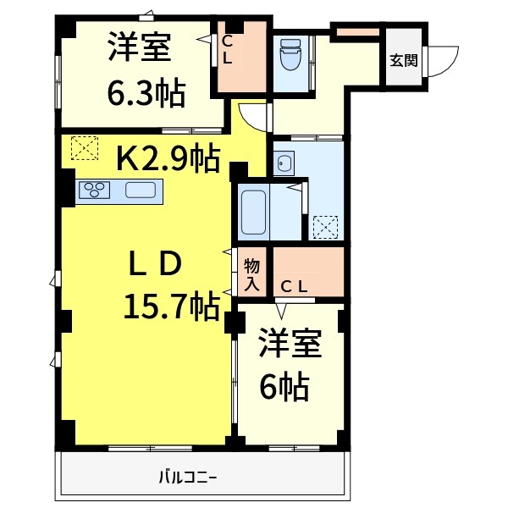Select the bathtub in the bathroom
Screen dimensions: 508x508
coord(254,212)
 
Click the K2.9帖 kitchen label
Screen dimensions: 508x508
coord(168,157)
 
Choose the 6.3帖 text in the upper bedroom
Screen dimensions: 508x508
coord(146,94)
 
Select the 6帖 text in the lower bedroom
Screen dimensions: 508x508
coord(283,387)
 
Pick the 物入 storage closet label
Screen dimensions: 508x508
coord(252,274)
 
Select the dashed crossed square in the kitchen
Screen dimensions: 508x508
coord(84,149)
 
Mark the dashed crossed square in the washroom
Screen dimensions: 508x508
coord(325,228)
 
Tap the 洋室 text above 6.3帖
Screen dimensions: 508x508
coord(140,47)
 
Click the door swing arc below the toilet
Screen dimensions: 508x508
coord(252,117)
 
